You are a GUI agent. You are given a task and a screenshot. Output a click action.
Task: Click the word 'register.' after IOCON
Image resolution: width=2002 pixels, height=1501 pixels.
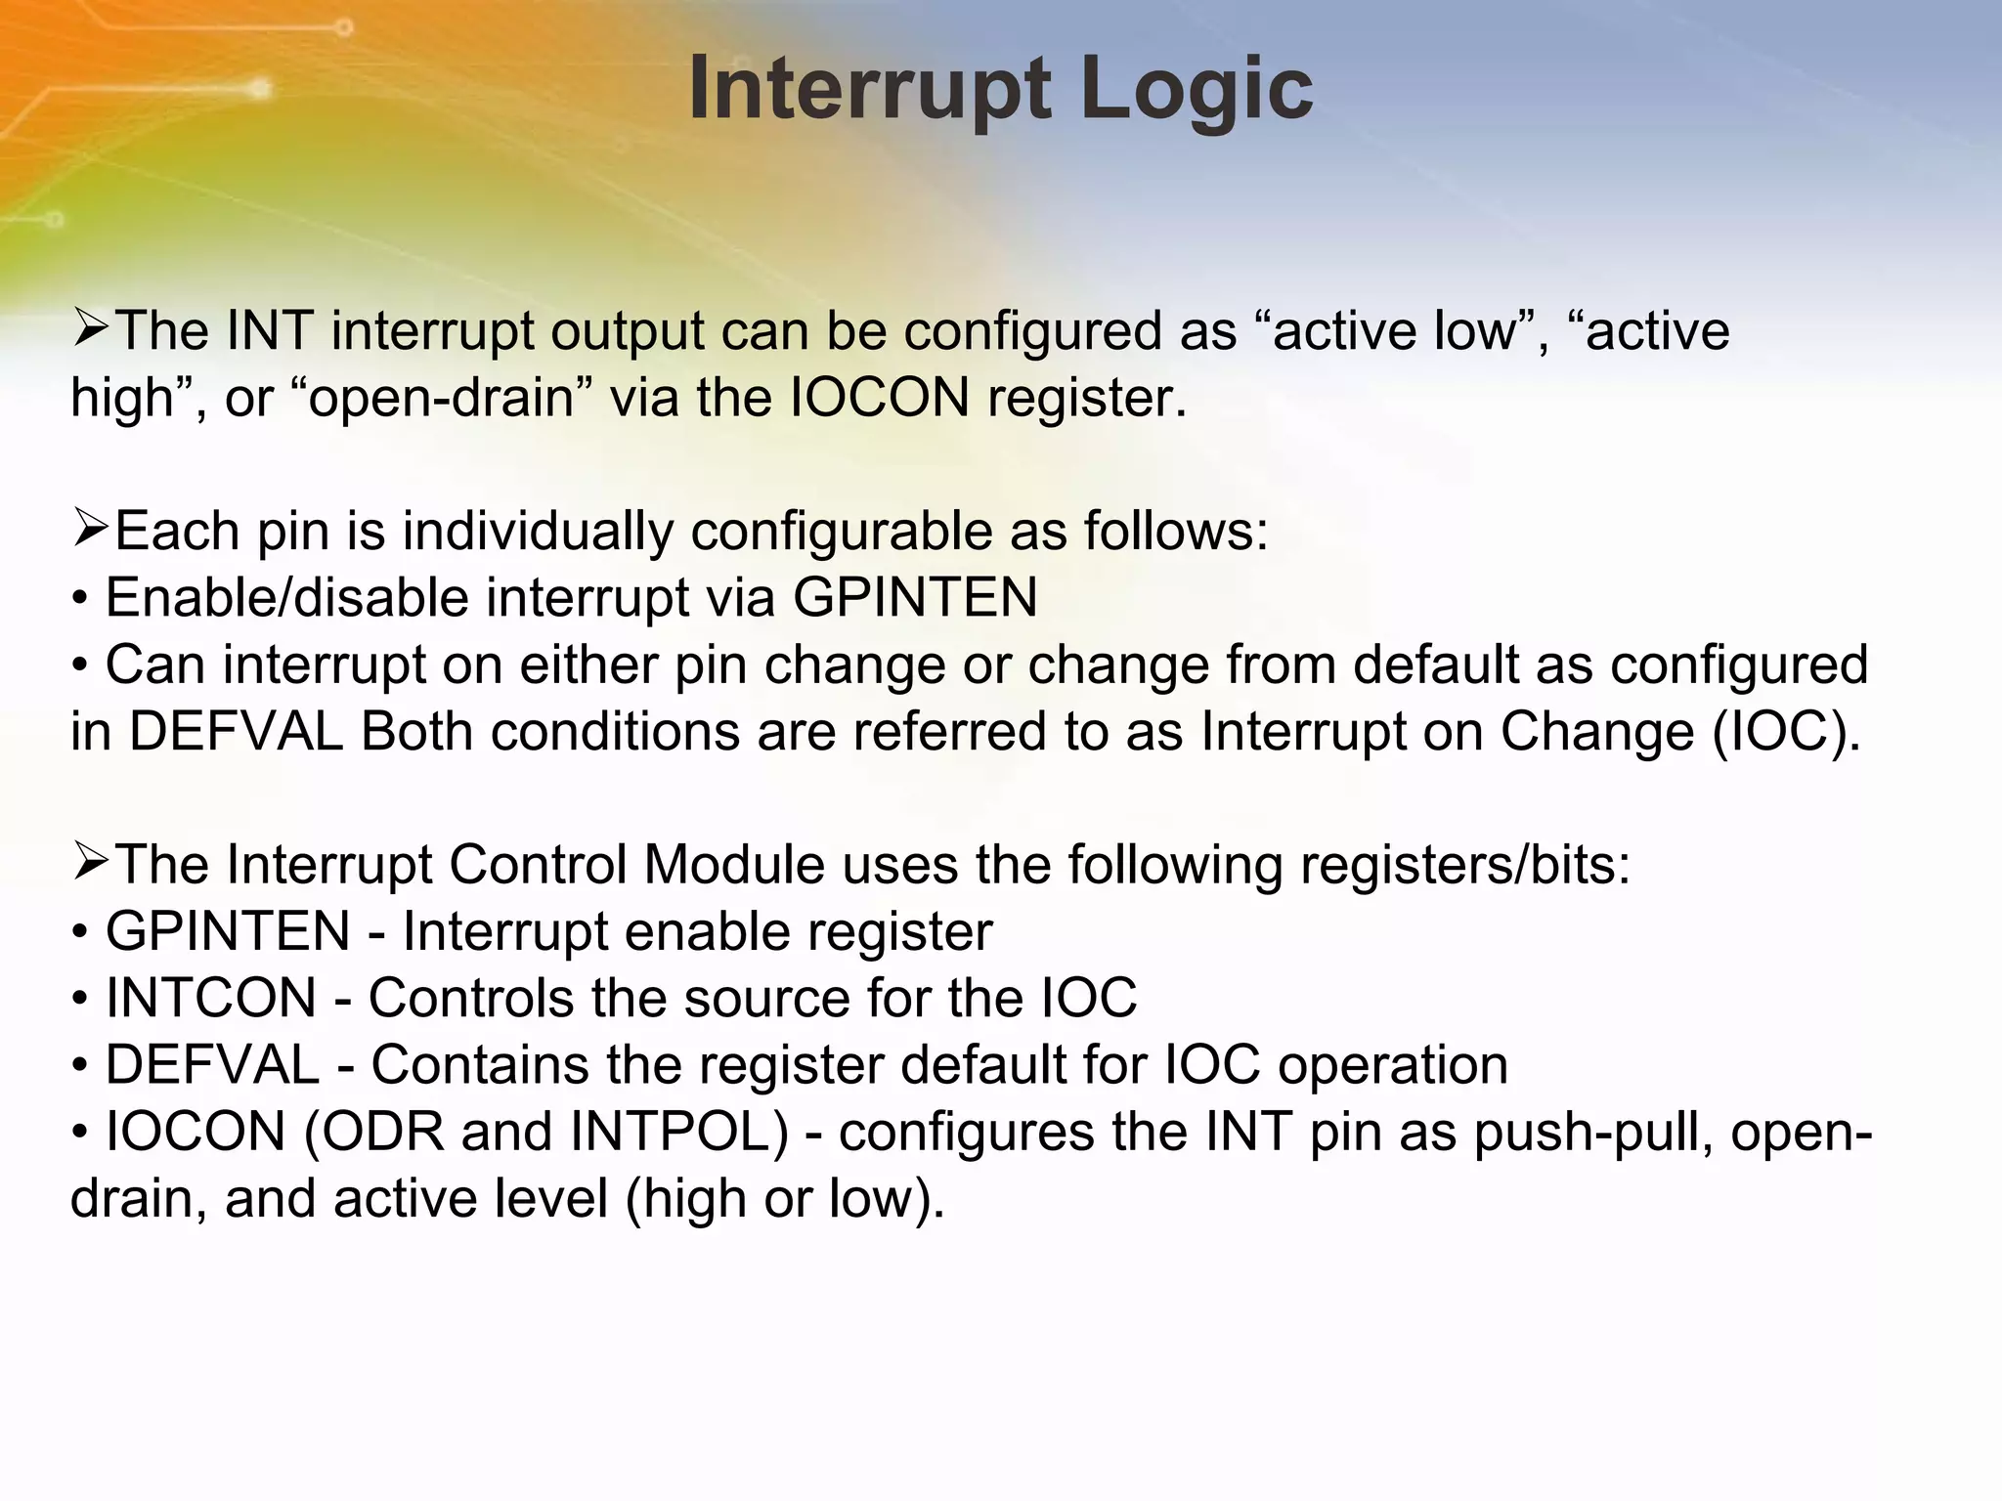click(1086, 399)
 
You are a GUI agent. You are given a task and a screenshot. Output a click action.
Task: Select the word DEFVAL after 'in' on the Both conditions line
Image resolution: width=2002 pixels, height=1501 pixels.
click(235, 732)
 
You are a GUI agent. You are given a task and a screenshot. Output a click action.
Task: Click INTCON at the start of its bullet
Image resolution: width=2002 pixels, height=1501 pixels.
click(210, 999)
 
